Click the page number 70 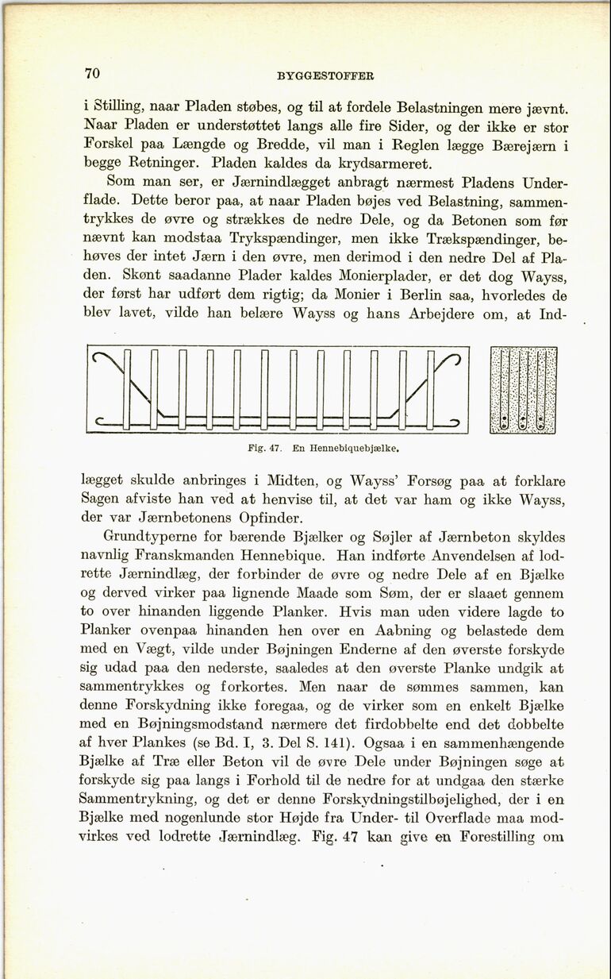92,74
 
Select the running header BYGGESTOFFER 325,77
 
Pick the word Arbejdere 446,313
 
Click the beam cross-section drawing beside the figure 524,390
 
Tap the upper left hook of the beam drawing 106,361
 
